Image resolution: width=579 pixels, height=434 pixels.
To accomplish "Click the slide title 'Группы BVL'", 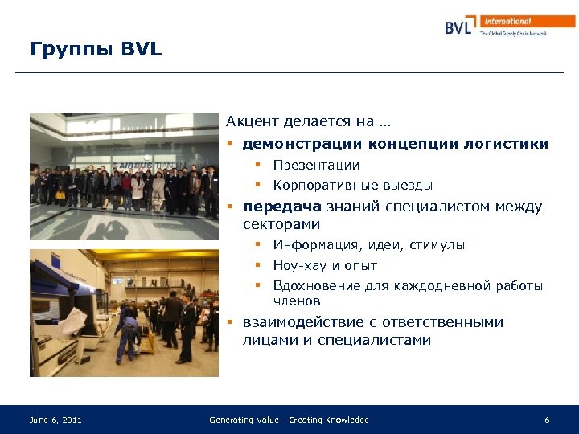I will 96,50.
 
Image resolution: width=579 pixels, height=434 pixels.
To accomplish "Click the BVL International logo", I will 509,26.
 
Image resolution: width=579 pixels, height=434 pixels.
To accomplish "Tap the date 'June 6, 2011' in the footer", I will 55,420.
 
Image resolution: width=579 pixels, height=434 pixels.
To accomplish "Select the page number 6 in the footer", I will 547,420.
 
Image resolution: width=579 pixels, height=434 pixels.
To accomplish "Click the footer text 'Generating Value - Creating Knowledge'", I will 289,420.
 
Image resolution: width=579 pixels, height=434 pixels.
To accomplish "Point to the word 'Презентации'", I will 316,166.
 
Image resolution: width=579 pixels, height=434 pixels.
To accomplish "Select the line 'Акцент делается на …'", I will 308,122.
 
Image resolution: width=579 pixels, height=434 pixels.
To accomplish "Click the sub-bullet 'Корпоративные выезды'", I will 352,186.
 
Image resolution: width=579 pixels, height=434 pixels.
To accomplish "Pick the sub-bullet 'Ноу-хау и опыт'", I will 325,265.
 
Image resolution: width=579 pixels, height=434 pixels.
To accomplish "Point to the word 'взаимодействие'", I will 303,322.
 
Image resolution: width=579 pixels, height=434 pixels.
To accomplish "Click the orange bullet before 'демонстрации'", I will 230,145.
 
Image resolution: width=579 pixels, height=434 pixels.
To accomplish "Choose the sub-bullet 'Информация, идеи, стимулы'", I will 368,245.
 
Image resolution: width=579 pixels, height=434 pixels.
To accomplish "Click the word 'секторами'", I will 281,224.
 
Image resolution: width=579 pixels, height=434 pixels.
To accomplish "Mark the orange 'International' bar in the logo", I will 528,22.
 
